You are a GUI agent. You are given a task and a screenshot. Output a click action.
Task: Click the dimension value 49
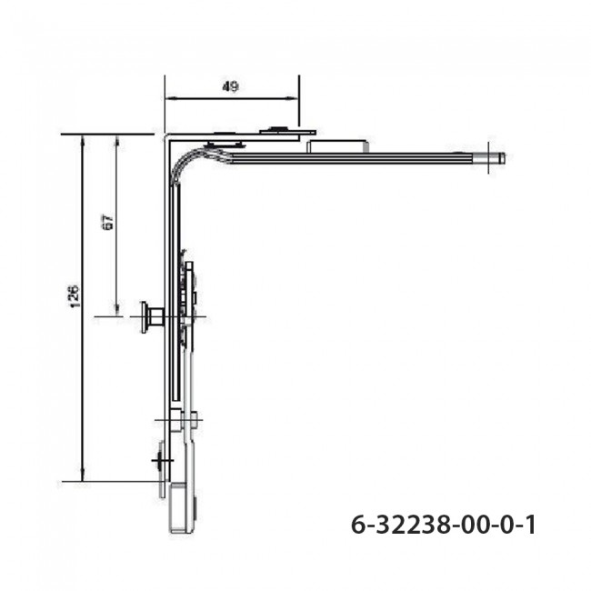pyautogui.click(x=230, y=87)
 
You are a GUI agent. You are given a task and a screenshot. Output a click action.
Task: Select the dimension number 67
pyautogui.click(x=107, y=222)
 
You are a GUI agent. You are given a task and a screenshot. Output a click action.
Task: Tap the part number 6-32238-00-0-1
pyautogui.click(x=443, y=526)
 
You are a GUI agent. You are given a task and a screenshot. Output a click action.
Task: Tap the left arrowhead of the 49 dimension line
pyautogui.click(x=168, y=101)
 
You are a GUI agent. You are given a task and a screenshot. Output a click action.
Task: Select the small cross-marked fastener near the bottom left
pyautogui.click(x=161, y=463)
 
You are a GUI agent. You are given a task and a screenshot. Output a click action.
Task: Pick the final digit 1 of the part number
pyautogui.click(x=530, y=526)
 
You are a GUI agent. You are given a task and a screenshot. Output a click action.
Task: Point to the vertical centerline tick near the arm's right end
pyautogui.click(x=487, y=158)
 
